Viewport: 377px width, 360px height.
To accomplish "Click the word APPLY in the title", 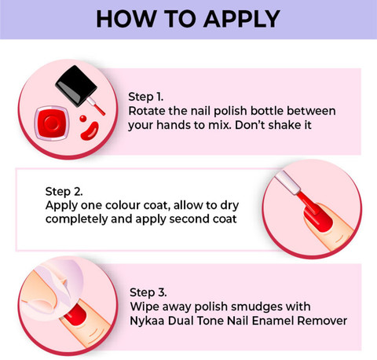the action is point(242,19).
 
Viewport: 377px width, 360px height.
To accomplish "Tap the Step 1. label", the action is point(146,97).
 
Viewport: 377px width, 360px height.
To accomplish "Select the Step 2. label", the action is point(64,192).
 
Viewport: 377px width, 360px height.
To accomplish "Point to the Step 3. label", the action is point(148,292).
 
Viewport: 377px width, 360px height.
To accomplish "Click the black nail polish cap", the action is point(76,86).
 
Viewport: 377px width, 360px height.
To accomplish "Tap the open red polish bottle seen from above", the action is point(52,123).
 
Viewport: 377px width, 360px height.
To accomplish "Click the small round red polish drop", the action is point(83,119).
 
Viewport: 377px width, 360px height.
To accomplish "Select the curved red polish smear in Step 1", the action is point(90,131).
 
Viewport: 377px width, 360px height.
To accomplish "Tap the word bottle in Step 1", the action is point(267,111).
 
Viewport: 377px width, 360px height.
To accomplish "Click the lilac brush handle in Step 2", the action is point(287,182).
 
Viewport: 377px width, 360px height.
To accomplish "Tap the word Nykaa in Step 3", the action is point(147,321).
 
